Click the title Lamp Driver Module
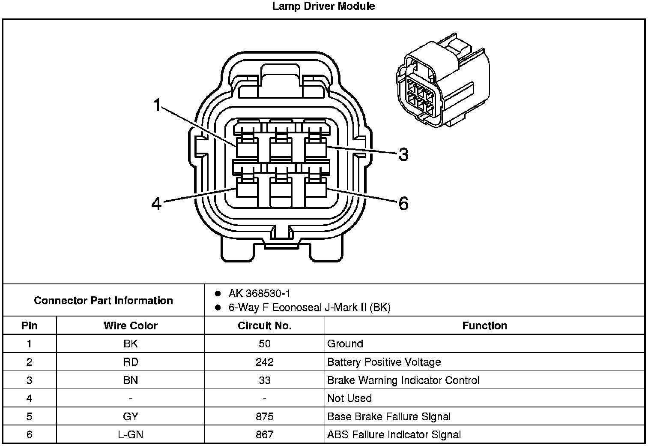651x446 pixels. [324, 6]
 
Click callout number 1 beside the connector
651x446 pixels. [157, 105]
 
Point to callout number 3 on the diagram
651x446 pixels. [403, 154]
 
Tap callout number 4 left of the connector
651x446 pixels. [157, 203]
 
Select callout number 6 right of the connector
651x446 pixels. [403, 203]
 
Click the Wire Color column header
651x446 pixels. [131, 325]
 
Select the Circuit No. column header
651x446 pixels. [265, 325]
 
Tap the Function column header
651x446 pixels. [484, 325]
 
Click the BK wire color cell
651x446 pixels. [131, 344]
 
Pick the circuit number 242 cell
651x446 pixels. [265, 362]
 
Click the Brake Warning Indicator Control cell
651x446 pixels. [403, 380]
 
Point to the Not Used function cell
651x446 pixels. [349, 398]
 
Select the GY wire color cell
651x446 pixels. [131, 416]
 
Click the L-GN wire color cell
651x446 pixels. [131, 434]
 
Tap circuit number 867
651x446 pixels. [265, 434]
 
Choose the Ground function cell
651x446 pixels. [345, 344]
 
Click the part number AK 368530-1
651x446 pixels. [260, 293]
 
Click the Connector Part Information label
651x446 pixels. [104, 300]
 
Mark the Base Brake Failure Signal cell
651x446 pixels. [389, 416]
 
